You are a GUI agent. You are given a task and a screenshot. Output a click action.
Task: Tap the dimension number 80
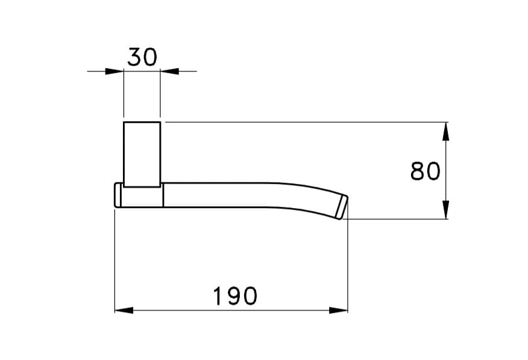pyautogui.click(x=425, y=172)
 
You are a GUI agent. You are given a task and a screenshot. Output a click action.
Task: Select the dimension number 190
pyautogui.click(x=235, y=296)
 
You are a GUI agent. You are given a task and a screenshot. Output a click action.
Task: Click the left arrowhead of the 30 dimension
pyautogui.click(x=115, y=71)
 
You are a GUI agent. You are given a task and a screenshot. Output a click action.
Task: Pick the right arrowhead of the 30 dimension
pyautogui.click(x=169, y=71)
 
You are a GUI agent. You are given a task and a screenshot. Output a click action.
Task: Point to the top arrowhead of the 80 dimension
pyautogui.click(x=445, y=131)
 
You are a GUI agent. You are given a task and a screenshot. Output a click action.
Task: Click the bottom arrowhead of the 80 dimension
pyautogui.click(x=445, y=210)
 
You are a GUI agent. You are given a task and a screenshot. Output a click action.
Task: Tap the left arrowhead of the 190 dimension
pyautogui.click(x=123, y=310)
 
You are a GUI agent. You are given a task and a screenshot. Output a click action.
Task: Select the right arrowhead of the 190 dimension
pyautogui.click(x=339, y=310)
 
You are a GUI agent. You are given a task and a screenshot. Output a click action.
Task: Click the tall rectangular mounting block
pyautogui.click(x=142, y=154)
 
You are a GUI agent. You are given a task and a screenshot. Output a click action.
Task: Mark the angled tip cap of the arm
pyautogui.click(x=341, y=206)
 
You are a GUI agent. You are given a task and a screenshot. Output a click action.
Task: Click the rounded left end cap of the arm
pyautogui.click(x=119, y=195)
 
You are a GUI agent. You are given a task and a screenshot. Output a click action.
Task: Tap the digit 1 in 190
pyautogui.click(x=218, y=296)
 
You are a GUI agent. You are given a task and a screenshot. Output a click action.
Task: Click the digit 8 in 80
pyautogui.click(x=418, y=172)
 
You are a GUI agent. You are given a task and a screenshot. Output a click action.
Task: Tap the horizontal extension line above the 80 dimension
pyautogui.click(x=301, y=122)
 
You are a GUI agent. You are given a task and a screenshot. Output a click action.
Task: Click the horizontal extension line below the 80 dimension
pyautogui.click(x=398, y=219)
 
